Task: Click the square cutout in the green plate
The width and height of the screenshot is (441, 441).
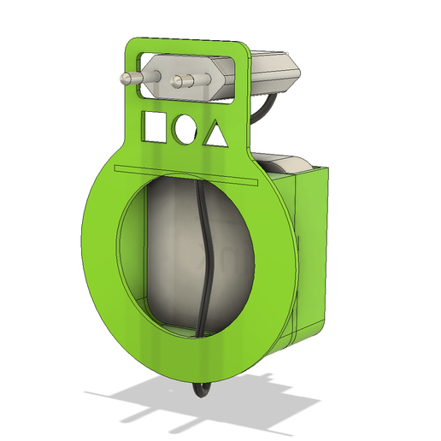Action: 154,126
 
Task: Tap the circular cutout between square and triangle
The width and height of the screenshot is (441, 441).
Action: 185,129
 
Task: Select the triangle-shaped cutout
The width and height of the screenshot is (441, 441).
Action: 216,134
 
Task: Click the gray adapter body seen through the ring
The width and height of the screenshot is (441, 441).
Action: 171,256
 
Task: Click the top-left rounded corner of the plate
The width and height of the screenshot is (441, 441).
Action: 134,45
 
